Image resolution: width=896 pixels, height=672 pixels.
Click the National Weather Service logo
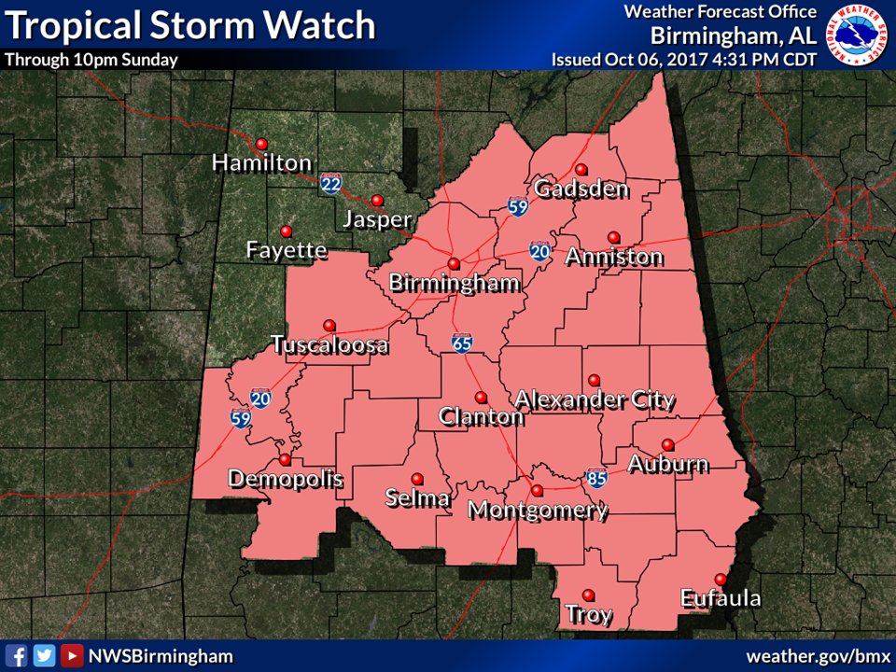860,35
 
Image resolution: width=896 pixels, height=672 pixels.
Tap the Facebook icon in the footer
16,655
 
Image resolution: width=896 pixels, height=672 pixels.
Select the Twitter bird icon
43,655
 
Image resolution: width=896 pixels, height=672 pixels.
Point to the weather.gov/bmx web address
815,655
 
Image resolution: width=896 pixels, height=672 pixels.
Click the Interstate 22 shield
330,183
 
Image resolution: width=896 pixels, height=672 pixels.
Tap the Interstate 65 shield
461,343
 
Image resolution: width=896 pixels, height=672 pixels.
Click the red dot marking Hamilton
261,144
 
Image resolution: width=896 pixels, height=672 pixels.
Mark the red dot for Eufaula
720,579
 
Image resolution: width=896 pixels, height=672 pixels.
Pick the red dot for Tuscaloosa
329,325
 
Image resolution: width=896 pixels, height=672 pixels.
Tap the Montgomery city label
538,511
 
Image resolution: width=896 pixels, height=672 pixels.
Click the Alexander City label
595,399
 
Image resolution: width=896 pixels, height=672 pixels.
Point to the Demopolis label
286,480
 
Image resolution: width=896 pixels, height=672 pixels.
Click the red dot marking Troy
588,595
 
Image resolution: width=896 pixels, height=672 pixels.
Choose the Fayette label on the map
287,250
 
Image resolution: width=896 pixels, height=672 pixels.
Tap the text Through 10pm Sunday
91,59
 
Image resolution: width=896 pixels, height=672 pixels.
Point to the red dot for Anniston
613,237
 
